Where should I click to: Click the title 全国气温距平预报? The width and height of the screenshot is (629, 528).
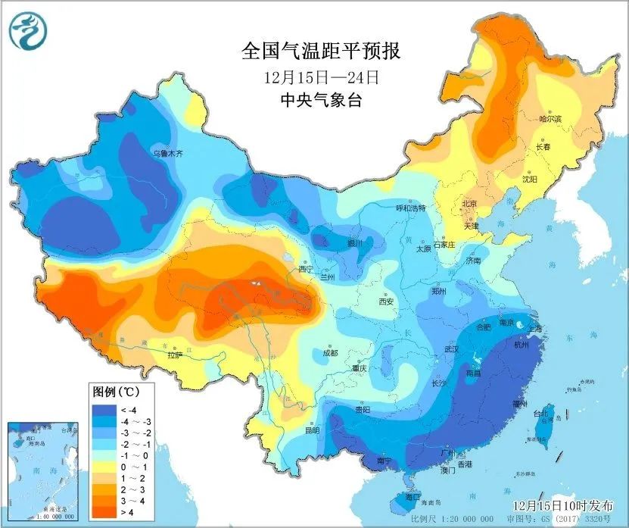click(x=320, y=51)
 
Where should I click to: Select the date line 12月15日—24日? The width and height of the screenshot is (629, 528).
click(x=320, y=77)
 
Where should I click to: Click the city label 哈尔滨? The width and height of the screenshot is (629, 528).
click(x=550, y=119)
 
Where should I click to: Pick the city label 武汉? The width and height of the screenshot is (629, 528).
click(x=452, y=349)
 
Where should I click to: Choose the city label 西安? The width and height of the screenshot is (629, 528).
click(x=386, y=301)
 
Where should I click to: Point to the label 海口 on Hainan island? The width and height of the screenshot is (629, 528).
click(x=413, y=498)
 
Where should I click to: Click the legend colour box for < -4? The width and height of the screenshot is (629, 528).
click(x=102, y=410)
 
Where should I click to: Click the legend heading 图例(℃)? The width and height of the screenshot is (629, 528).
click(x=114, y=392)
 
